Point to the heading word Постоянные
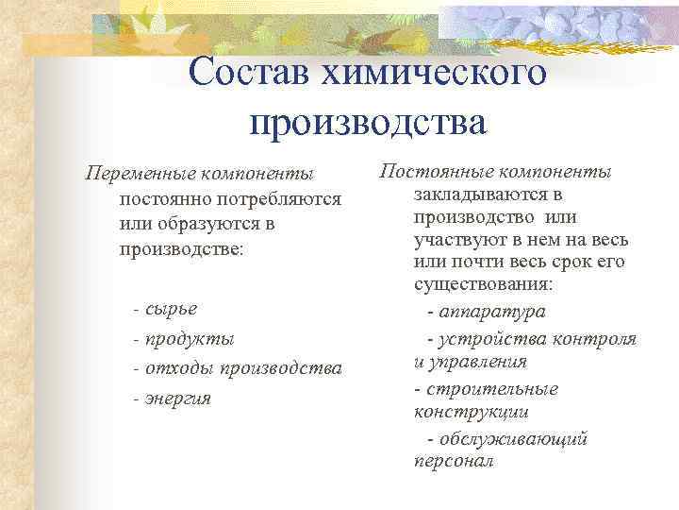[x=433, y=172]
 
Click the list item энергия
[x=179, y=398]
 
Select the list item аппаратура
[x=491, y=312]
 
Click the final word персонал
[x=454, y=463]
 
